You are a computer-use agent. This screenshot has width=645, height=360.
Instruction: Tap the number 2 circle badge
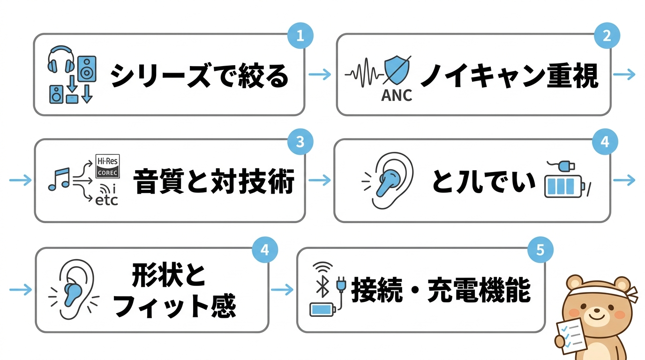[607, 36]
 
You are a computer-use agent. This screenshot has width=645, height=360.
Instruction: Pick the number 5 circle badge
[540, 250]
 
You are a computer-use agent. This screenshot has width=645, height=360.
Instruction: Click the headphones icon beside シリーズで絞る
[61, 59]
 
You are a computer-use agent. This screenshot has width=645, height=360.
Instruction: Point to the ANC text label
[397, 95]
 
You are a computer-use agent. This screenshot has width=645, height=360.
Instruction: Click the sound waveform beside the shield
[364, 74]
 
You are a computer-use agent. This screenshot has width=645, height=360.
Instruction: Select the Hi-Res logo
[107, 166]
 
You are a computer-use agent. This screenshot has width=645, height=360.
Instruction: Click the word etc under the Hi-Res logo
[106, 201]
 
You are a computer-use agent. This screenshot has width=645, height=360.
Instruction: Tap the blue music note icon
[59, 179]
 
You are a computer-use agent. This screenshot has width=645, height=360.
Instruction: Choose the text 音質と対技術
[214, 182]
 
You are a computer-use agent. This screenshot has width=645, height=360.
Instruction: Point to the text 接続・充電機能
[441, 291]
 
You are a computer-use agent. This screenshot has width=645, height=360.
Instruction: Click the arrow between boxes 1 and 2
[320, 74]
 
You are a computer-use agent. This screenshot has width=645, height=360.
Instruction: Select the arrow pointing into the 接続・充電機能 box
[282, 290]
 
